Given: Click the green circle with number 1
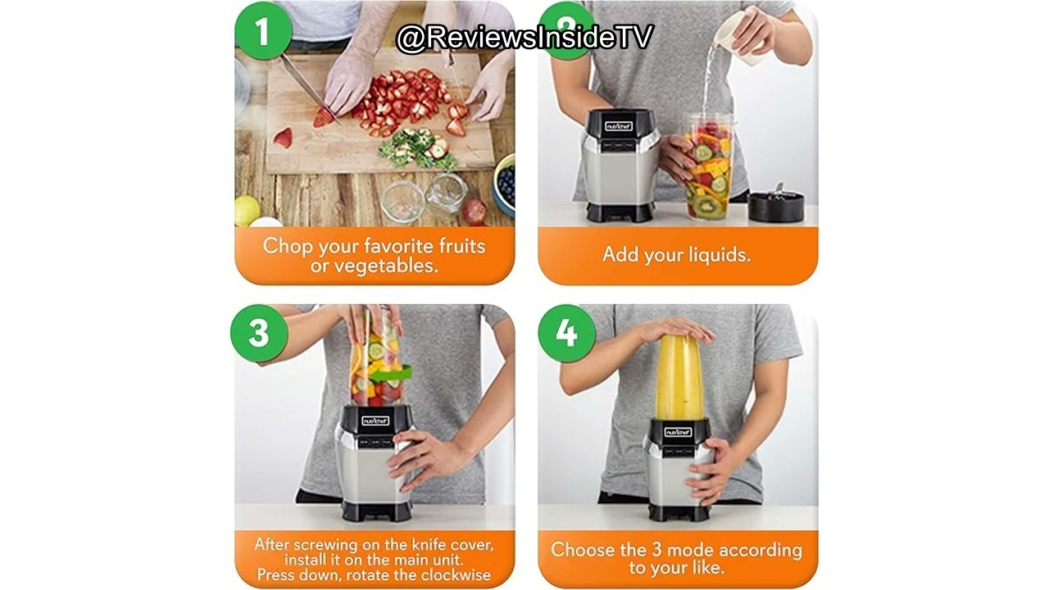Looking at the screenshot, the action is pyautogui.click(x=264, y=31).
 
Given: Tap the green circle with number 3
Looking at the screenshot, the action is pyautogui.click(x=259, y=333).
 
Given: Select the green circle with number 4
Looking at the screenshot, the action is pyautogui.click(x=566, y=333).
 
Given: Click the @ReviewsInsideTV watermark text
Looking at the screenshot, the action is pyautogui.click(x=524, y=38).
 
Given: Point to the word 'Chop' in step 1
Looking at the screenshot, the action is pyautogui.click(x=287, y=247).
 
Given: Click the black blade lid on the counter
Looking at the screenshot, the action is pyautogui.click(x=776, y=205).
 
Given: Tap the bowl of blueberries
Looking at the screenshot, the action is pyautogui.click(x=504, y=184).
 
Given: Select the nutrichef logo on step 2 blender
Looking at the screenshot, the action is pyautogui.click(x=619, y=126).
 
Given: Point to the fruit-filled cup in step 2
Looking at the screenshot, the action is pyautogui.click(x=707, y=166).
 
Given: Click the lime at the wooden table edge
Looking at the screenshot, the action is pyautogui.click(x=247, y=211).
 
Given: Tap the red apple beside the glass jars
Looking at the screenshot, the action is pyautogui.click(x=475, y=211).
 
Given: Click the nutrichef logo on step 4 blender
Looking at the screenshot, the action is pyautogui.click(x=678, y=432).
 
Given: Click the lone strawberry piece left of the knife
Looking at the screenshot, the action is pyautogui.click(x=283, y=138).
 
